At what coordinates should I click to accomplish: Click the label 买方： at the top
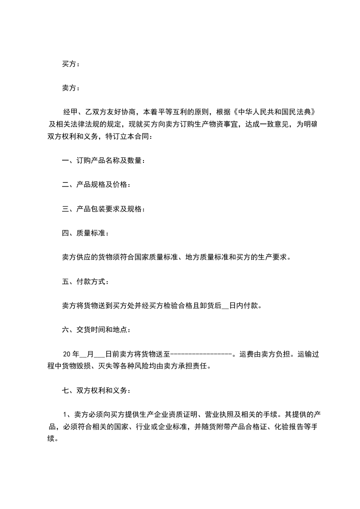click(x=71, y=64)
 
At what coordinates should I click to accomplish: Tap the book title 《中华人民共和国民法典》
click(x=270, y=112)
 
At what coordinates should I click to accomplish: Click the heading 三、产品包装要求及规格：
click(x=103, y=209)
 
